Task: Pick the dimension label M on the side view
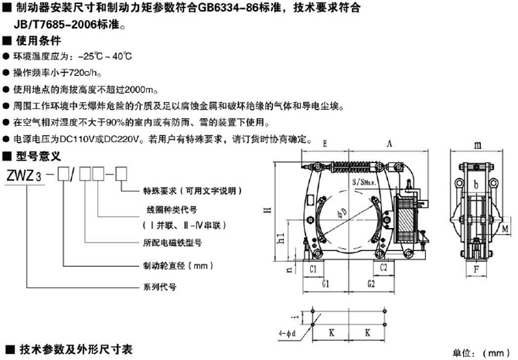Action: [504, 229]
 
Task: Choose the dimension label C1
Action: [315, 269]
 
